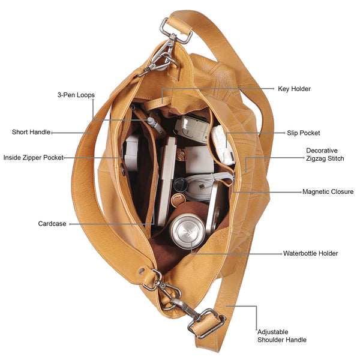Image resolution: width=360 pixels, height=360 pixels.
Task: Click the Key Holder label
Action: [x=294, y=89]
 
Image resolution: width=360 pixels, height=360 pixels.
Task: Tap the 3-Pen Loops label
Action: [x=76, y=95]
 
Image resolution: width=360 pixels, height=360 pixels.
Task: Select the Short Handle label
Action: [x=31, y=132]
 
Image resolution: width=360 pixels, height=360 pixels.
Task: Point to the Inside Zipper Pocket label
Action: [x=33, y=157]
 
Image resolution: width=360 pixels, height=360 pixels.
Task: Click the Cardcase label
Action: [x=52, y=224]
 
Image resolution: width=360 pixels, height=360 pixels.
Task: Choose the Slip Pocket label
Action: [x=303, y=133]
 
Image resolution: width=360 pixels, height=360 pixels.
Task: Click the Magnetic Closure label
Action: [x=328, y=192]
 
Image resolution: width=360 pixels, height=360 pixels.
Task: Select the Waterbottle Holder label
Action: [x=310, y=253]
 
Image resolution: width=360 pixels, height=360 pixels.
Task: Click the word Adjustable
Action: [x=273, y=332]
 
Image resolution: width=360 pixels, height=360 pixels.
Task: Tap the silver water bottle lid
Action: [x=188, y=231]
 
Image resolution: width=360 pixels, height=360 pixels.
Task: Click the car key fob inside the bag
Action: [x=192, y=129]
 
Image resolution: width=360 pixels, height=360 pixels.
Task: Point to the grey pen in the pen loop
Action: [x=155, y=125]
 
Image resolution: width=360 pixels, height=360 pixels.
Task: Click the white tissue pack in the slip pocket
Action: [x=222, y=145]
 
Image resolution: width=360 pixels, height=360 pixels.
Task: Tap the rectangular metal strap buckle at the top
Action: [x=176, y=31]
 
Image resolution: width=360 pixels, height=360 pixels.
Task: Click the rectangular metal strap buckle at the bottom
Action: [x=206, y=323]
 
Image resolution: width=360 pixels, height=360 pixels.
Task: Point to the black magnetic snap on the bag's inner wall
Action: [x=123, y=169]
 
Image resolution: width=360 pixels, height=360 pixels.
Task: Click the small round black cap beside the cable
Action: [x=180, y=184]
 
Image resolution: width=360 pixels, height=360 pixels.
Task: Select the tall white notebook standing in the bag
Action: [x=167, y=181]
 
